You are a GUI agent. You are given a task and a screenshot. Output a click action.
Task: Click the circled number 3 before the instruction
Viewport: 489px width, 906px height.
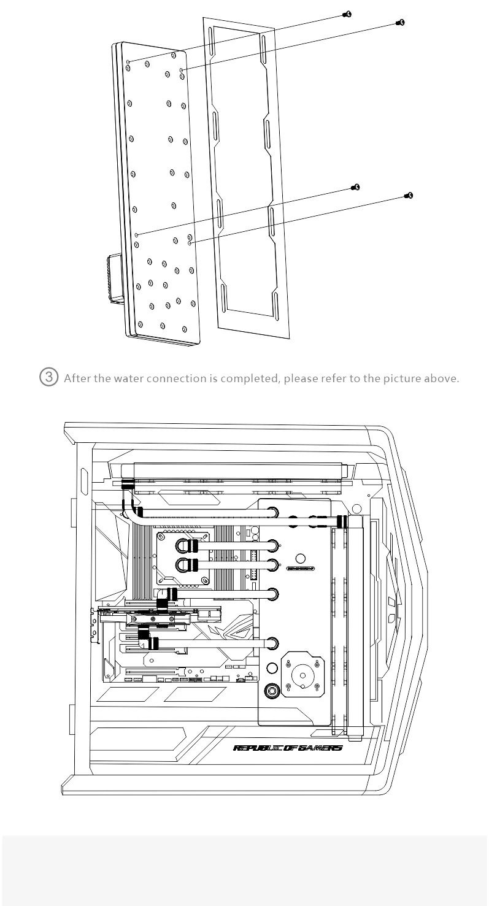[x=51, y=377]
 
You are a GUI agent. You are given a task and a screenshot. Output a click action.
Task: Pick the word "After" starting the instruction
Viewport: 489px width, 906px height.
[x=75, y=378]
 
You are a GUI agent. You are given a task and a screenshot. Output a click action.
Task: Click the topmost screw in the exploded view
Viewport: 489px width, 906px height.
[x=347, y=13]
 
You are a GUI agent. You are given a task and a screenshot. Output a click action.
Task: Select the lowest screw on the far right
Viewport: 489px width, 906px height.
[x=409, y=196]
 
